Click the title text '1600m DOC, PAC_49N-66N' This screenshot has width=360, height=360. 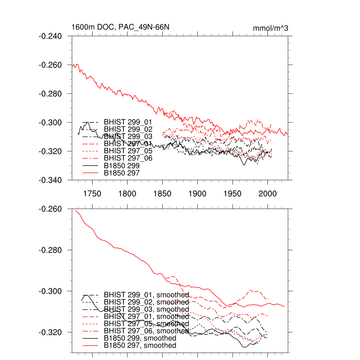coord(117,27)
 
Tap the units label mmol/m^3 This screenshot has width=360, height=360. coord(270,28)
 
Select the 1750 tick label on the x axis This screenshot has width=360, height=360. coord(92,193)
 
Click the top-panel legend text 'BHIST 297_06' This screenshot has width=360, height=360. coord(128,159)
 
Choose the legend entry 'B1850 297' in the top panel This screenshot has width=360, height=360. coord(122,173)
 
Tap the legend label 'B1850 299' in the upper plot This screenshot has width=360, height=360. coord(122,166)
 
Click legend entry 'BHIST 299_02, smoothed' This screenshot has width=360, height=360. coord(146,302)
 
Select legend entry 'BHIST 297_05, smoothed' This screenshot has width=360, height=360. coord(146,324)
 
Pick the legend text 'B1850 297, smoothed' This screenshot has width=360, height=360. coord(140,346)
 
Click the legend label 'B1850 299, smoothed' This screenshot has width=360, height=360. coord(140,338)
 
